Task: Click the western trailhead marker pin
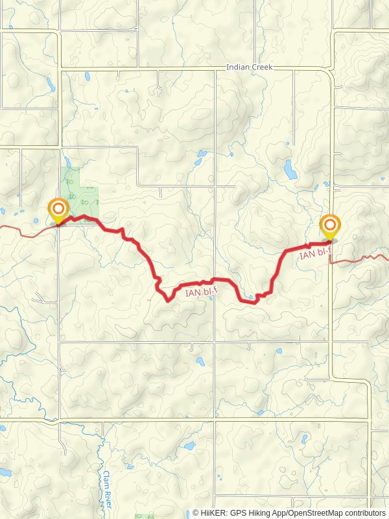tap(58, 210)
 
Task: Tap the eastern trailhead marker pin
tap(330, 227)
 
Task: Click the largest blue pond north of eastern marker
tap(289, 170)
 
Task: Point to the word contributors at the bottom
tap(365, 513)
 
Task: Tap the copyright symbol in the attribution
tap(196, 513)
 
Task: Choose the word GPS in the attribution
tap(238, 513)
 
